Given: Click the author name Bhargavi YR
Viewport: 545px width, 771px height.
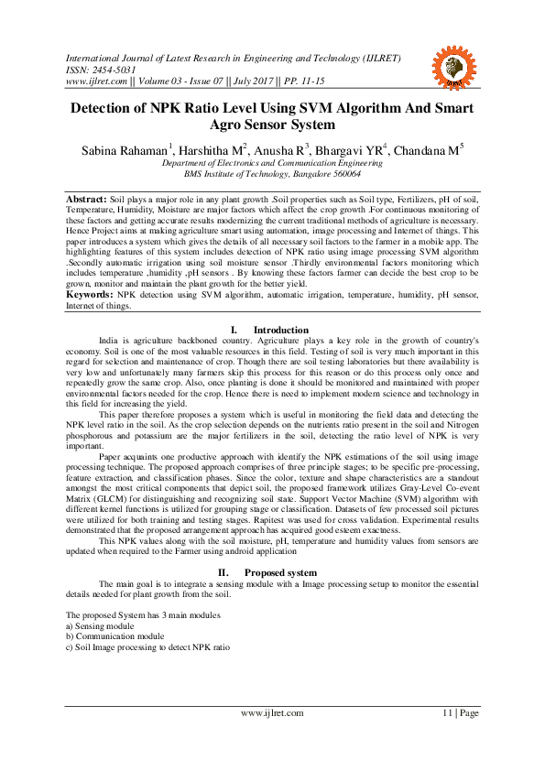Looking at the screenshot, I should [x=351, y=149].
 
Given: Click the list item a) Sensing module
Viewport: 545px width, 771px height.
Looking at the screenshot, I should [x=105, y=625].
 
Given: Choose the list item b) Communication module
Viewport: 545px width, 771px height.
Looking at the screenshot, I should [x=115, y=635].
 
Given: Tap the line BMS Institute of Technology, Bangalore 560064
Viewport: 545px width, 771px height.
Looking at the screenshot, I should [x=272, y=173].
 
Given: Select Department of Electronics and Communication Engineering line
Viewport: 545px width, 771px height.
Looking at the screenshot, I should [x=272, y=163].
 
